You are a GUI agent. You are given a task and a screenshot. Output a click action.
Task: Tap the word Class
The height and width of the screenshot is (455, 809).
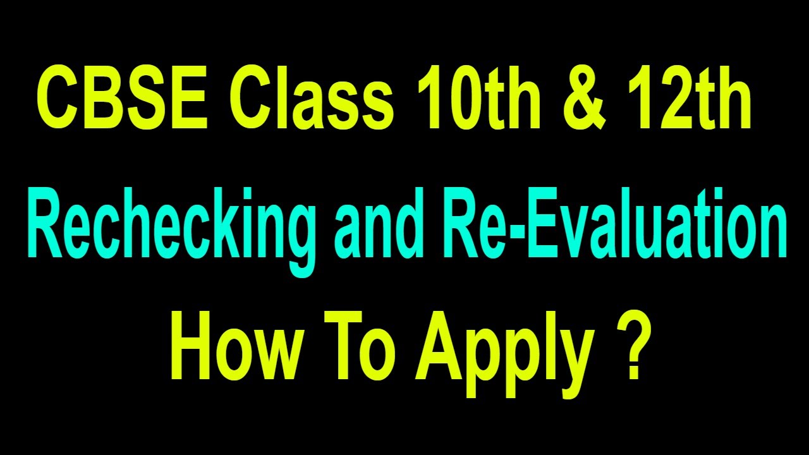pyautogui.click(x=310, y=99)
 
